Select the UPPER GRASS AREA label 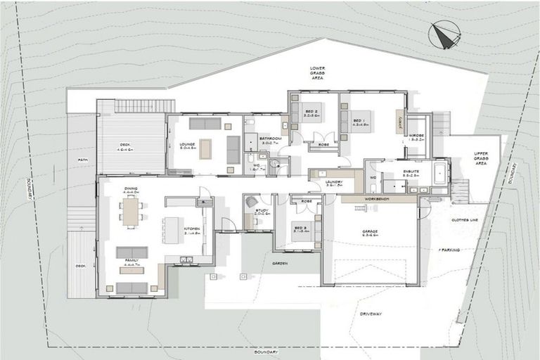pos(481,158)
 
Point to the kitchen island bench pos(173,230)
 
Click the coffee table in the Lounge pos(205,148)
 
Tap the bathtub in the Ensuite pos(440,173)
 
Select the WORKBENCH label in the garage pos(371,199)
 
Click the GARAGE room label pos(370,232)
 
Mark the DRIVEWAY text pos(371,313)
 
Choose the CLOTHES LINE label pos(464,220)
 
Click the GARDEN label pos(280,262)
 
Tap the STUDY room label pos(261,210)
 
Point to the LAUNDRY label pos(335,181)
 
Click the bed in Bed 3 pos(303,232)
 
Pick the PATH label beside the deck pos(83,160)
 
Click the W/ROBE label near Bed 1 pos(416,137)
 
